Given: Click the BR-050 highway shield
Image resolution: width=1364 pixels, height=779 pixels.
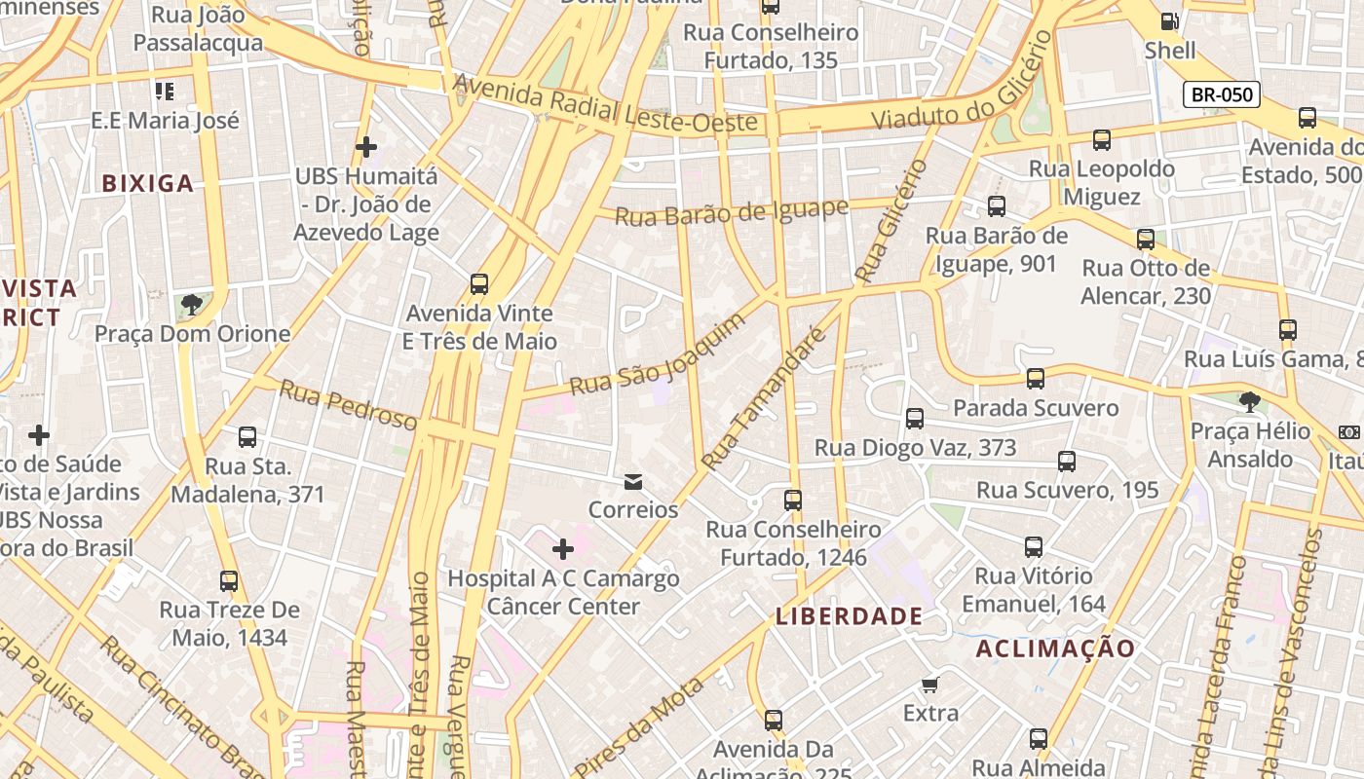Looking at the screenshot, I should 1222,94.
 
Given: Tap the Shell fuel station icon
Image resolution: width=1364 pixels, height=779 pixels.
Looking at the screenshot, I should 1168,21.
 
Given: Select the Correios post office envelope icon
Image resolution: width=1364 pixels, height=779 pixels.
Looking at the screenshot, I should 633,481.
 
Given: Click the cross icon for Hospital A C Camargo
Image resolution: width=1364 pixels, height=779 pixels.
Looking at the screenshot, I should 563,549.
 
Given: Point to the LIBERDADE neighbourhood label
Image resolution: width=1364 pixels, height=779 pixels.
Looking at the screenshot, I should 849,615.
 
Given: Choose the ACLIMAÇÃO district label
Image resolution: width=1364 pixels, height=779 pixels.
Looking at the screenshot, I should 1055,649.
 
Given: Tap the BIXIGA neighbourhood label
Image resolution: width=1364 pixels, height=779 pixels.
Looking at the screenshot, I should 148,183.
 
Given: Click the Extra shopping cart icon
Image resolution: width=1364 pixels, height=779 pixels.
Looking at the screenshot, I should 930,685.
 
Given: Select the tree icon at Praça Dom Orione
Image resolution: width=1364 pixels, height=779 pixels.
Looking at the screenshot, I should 192,305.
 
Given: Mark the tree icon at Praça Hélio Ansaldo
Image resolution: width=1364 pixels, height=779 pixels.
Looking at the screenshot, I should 1249,401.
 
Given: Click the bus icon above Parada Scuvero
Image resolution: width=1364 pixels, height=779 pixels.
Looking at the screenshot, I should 1035,378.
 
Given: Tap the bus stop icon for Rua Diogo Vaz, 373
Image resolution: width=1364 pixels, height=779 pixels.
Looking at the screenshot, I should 914,419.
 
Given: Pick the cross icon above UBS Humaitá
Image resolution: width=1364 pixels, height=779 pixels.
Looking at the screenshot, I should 366,147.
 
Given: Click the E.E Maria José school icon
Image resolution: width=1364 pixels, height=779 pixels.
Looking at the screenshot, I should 165,92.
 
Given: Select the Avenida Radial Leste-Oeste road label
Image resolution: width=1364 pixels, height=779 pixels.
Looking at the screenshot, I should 605,104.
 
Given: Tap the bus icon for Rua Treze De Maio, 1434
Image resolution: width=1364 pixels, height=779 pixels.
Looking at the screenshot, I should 229,581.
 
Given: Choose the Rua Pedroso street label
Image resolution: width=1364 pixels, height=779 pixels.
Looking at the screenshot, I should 348,404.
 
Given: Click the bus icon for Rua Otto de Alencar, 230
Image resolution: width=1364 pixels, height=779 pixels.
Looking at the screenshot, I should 1146,239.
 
